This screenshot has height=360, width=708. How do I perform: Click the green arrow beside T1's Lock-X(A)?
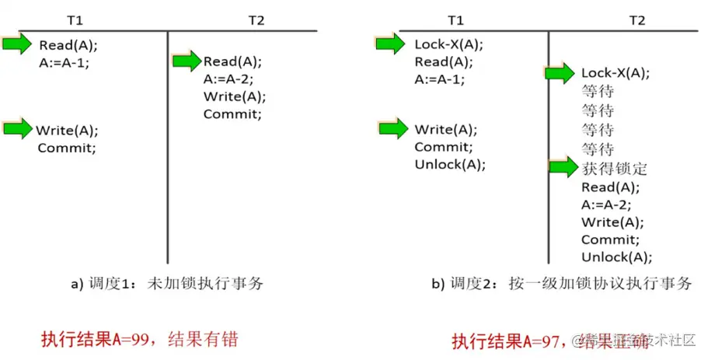click(391, 44)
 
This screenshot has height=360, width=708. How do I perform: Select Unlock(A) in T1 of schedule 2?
click(449, 164)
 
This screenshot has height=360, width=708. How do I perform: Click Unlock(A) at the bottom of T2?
click(616, 257)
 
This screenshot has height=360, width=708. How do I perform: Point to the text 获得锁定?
click(614, 168)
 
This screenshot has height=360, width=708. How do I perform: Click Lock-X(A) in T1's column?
click(448, 44)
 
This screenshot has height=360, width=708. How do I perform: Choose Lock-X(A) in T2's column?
click(616, 74)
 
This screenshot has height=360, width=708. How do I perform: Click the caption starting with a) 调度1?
click(167, 284)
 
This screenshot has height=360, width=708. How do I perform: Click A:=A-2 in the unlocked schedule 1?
click(228, 79)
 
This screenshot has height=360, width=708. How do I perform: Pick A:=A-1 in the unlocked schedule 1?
click(64, 63)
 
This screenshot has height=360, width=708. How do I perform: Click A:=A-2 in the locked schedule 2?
click(606, 205)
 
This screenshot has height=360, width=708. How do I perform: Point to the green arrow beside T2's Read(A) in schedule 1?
click(187, 61)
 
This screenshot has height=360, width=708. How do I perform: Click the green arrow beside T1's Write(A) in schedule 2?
click(391, 128)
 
